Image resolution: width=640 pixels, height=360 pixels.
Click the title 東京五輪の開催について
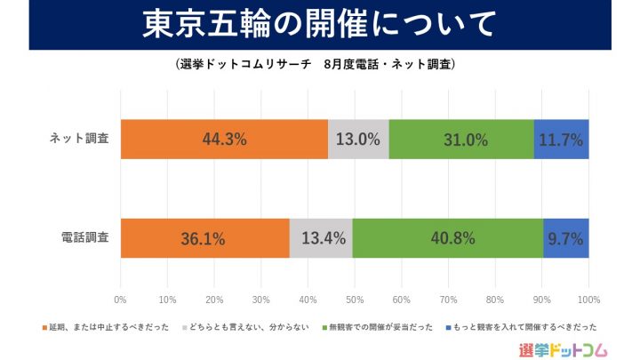(320, 25)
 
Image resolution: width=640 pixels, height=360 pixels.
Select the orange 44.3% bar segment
(224, 139)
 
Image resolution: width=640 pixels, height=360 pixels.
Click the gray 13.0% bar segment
(358, 139)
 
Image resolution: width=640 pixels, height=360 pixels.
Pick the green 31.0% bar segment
(461, 139)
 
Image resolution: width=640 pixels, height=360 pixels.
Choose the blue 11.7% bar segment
(561, 139)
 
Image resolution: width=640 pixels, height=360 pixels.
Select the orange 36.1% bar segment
(204, 238)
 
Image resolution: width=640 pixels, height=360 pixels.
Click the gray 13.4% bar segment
(321, 238)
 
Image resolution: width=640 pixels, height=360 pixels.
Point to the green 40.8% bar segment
(448, 238)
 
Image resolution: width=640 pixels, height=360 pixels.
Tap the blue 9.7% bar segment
(566, 238)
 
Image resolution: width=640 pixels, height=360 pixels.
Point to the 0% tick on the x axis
(121, 299)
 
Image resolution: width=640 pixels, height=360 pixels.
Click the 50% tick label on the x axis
(355, 299)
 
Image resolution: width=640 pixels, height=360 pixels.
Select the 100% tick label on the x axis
(588, 299)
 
